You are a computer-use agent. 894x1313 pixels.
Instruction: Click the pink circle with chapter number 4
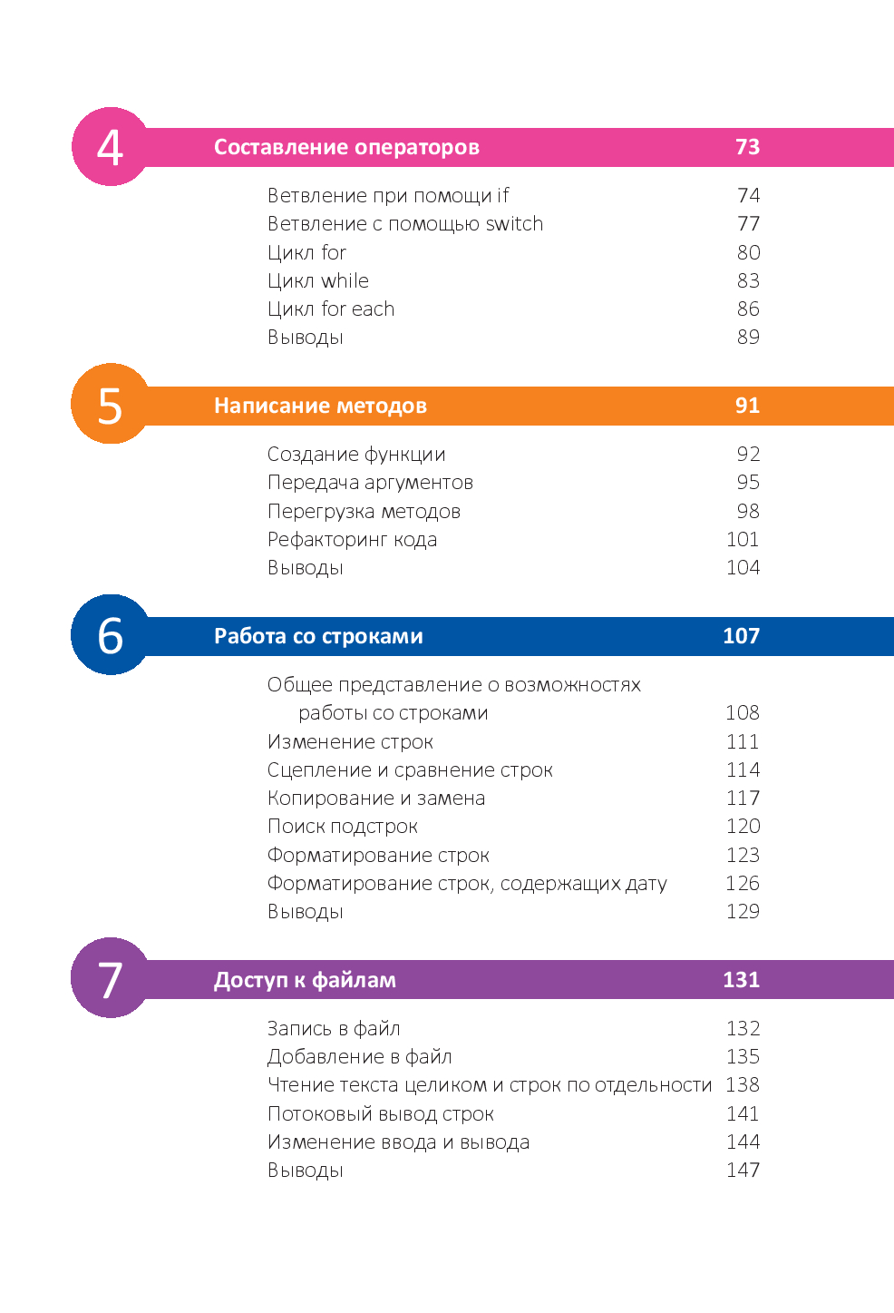[x=110, y=147]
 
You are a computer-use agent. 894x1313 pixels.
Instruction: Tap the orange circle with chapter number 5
[x=110, y=405]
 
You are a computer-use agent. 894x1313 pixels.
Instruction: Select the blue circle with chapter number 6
[x=110, y=635]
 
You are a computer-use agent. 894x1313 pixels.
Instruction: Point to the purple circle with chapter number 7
[x=110, y=978]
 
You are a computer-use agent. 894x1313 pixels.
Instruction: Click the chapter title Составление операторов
[x=346, y=147]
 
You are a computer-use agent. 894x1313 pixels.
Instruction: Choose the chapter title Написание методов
[x=320, y=406]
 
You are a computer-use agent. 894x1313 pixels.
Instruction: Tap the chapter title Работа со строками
[x=318, y=636]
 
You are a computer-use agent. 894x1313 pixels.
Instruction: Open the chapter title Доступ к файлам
[x=305, y=980]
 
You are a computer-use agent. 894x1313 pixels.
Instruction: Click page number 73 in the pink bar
[x=747, y=147]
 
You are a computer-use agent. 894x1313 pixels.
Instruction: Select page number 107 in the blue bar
[x=741, y=636]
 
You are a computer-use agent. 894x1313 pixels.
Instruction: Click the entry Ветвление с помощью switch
[x=405, y=224]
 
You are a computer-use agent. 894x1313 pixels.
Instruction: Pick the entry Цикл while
[x=318, y=281]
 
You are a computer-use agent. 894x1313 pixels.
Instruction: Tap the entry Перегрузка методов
[x=364, y=512]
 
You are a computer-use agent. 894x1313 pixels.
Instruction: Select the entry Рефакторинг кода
[x=352, y=540]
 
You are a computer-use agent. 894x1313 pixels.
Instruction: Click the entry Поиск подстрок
[x=342, y=827]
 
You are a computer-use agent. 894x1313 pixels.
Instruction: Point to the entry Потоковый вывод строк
[x=380, y=1114]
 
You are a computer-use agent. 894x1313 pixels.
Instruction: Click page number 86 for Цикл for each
[x=748, y=309]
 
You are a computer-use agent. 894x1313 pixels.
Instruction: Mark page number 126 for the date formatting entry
[x=743, y=884]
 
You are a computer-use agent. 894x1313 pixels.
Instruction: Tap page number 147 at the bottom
[x=743, y=1171]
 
